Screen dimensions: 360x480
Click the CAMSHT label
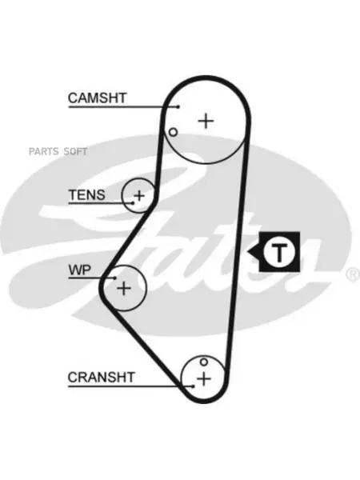(x=97, y=98)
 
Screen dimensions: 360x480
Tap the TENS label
(x=87, y=194)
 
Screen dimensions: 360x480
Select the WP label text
(x=80, y=270)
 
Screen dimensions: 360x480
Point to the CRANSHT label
(x=101, y=377)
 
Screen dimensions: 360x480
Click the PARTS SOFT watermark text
(x=58, y=151)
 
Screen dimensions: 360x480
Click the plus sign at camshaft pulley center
(x=206, y=121)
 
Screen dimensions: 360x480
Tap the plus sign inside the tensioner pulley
(x=139, y=195)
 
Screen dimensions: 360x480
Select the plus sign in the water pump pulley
(x=124, y=288)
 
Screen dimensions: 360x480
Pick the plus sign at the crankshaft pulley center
(x=204, y=379)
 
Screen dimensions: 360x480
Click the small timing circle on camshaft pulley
(x=174, y=132)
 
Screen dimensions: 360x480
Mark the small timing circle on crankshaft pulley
(x=204, y=362)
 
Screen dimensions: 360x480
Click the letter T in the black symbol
(x=279, y=253)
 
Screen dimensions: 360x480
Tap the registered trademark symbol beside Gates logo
(x=354, y=274)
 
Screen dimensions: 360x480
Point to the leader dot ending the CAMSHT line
(x=178, y=107)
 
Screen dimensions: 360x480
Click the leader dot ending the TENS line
(x=133, y=203)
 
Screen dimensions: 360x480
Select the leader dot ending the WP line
(x=115, y=278)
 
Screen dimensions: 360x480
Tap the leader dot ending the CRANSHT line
(x=193, y=386)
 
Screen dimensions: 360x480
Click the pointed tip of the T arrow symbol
(x=248, y=253)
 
